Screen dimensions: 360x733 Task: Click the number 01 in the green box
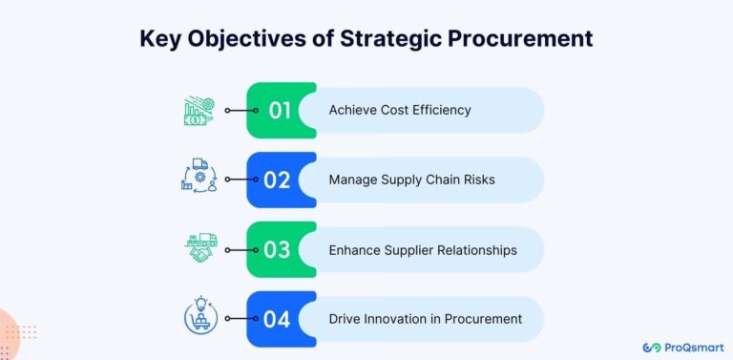279,110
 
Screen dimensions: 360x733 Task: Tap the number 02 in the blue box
277,180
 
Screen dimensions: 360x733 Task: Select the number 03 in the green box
277,249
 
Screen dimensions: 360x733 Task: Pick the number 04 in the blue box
277,319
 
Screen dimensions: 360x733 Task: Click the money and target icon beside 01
199,110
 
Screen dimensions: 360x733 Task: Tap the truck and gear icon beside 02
199,179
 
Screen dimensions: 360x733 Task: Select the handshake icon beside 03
200,248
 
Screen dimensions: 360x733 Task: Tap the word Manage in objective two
353,180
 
